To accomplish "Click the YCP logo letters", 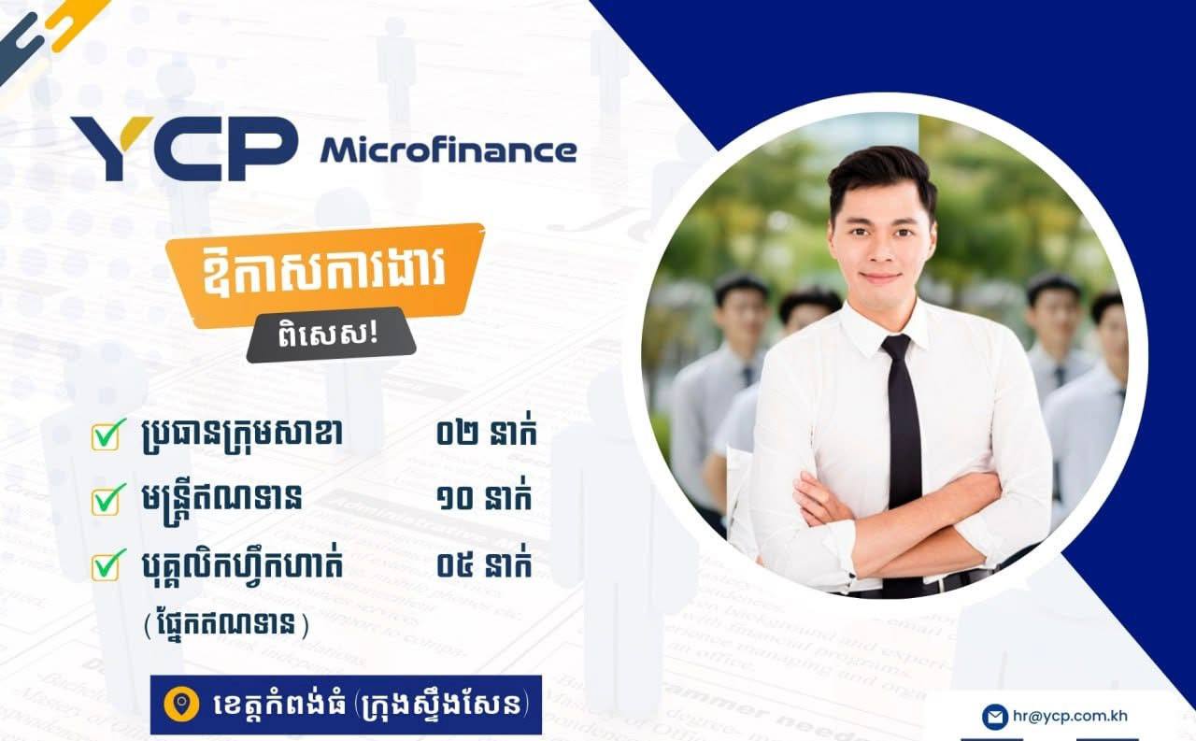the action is point(184,148).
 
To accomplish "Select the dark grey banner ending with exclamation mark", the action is point(331,335).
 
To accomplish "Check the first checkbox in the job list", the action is point(107,435).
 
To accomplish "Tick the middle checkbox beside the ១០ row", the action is point(107,500).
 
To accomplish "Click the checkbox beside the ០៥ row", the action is point(107,564).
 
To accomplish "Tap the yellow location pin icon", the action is point(181,705).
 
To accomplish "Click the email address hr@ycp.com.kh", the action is point(1070,716).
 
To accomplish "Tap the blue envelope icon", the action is point(995,717).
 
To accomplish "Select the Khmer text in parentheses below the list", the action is point(226,624).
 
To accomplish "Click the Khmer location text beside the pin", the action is point(371,705).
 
